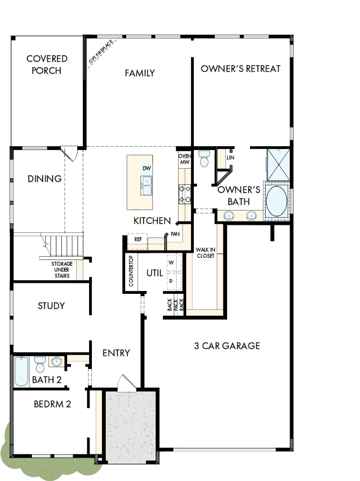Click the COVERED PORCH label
pos(47,65)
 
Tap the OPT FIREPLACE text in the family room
pos(101,52)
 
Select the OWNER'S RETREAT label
pos(240,69)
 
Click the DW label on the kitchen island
pos(146,169)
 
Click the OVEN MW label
pos(184,159)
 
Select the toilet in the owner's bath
pos(205,159)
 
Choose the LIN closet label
pos(230,158)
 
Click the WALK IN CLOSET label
pos(205,252)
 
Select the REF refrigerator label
pos(138,240)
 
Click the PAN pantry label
pos(175,234)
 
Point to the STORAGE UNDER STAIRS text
pos(62,270)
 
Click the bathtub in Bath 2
pos(21,371)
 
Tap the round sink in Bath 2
pos(57,362)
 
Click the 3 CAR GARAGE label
pos(227,346)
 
